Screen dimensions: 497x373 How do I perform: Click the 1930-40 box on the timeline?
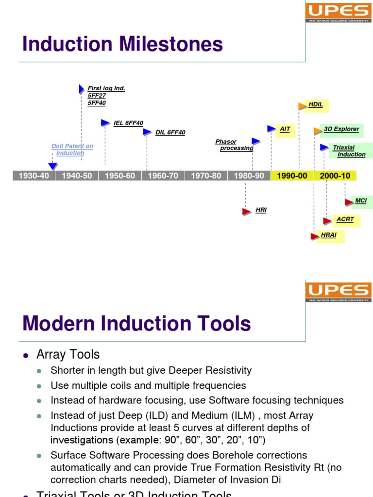coord(34,176)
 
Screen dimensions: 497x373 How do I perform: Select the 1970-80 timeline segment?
coord(206,176)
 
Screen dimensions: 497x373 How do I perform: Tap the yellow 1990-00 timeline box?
coord(292,176)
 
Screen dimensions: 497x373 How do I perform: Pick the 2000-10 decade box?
coord(335,176)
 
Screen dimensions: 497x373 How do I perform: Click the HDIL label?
coord(316,104)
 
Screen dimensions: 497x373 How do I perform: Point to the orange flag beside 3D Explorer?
coord(318,131)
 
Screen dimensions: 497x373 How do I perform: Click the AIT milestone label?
coord(285,129)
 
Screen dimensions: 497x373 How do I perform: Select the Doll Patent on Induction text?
coord(72,149)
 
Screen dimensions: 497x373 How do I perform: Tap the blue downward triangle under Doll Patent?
coord(52,166)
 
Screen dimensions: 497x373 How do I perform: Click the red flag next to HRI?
coord(247,211)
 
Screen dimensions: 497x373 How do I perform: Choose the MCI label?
coord(361,200)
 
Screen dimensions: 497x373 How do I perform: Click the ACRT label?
coord(345,219)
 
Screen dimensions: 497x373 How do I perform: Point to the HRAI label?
coord(329,235)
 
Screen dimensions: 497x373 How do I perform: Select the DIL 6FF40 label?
coord(170,133)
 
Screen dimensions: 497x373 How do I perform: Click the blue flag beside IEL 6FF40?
coord(105,123)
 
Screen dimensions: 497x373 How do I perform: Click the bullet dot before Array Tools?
coord(26,355)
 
